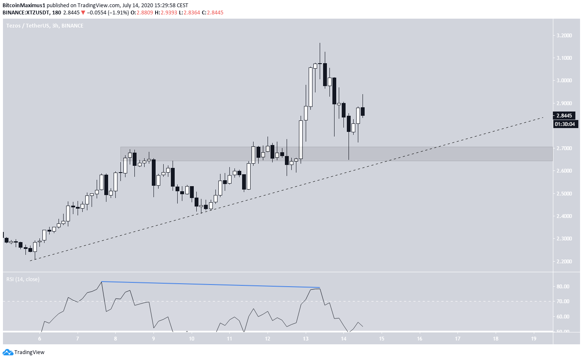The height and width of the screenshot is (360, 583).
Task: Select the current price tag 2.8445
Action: pos(566,115)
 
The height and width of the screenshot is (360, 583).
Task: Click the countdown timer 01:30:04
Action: pos(566,124)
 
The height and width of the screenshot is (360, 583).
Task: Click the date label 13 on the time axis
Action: pos(306,339)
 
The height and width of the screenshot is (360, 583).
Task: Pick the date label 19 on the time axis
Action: pos(533,339)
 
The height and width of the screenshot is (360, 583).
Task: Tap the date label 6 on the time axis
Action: pos(39,339)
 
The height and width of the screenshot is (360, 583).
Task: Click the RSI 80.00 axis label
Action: pos(566,287)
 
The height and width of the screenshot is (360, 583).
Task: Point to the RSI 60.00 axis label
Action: pos(566,317)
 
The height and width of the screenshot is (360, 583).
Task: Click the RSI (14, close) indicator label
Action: pos(22,279)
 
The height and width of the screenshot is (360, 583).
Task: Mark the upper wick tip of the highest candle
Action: pos(320,43)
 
